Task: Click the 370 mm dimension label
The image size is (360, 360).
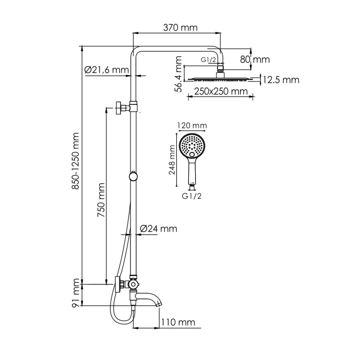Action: (176, 28)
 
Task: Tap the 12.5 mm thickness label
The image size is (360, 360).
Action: (281, 80)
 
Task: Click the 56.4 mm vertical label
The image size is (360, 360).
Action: (178, 77)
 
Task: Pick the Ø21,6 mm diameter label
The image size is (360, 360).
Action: (106, 69)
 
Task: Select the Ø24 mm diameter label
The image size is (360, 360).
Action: (159, 229)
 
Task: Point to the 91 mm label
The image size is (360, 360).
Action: (76, 293)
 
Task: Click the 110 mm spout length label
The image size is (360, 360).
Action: (178, 322)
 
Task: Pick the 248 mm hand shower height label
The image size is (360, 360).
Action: (173, 162)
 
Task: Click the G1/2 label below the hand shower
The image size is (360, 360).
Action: (192, 196)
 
